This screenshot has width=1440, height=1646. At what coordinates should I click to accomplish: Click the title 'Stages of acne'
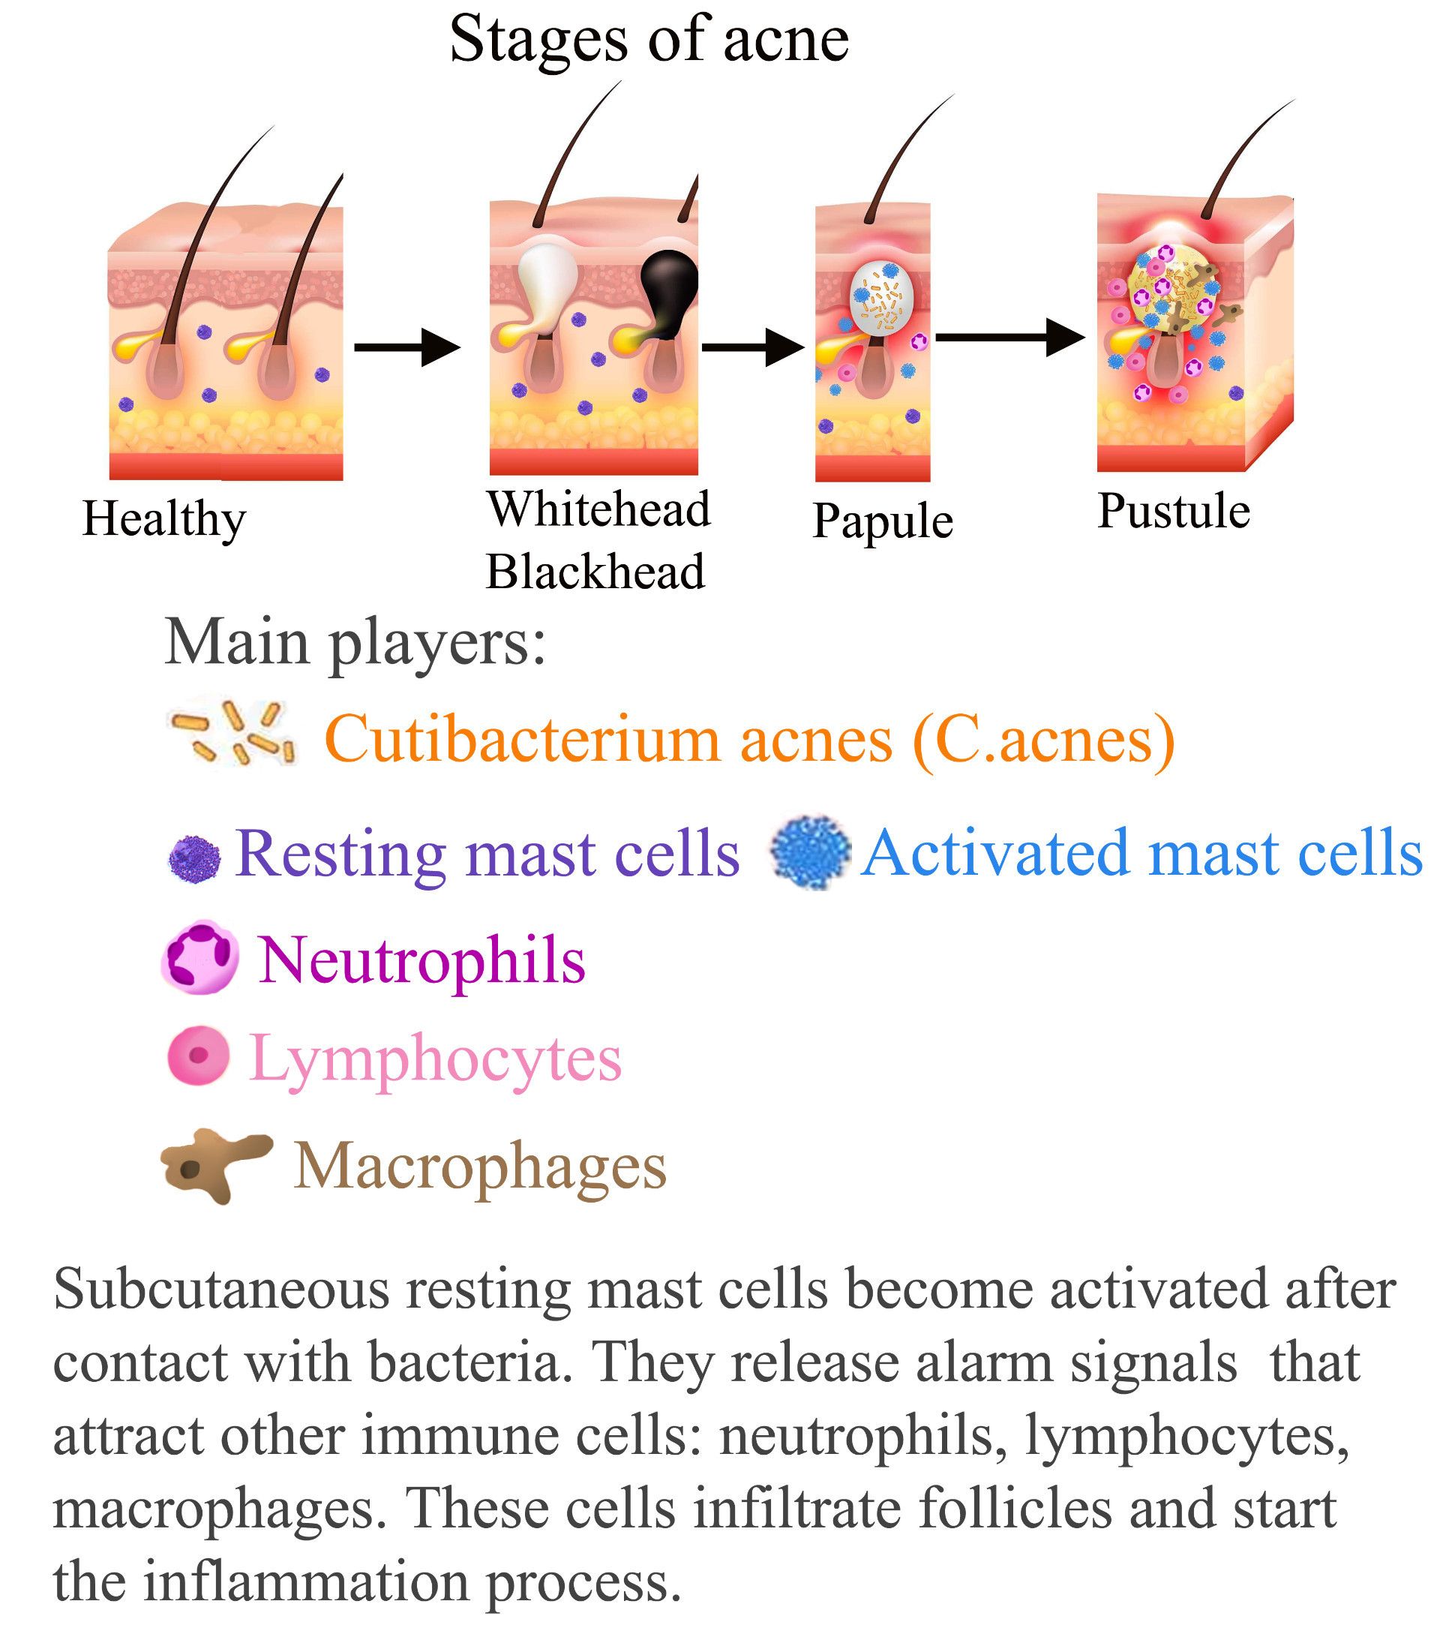pyautogui.click(x=649, y=41)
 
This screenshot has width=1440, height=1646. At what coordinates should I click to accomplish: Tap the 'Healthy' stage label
pyautogui.click(x=164, y=519)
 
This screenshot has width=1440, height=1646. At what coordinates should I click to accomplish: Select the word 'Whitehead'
pyautogui.click(x=598, y=509)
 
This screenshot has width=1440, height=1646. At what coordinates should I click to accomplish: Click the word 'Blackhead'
pyautogui.click(x=595, y=572)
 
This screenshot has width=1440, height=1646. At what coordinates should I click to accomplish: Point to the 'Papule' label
pyautogui.click(x=882, y=521)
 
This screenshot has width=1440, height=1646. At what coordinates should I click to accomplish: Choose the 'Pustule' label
pyautogui.click(x=1173, y=511)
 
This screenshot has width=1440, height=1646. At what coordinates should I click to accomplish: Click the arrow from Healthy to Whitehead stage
pyautogui.click(x=407, y=347)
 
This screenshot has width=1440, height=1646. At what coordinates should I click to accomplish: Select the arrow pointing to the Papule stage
pyautogui.click(x=753, y=347)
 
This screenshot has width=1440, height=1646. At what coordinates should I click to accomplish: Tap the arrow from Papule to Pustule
pyautogui.click(x=1010, y=338)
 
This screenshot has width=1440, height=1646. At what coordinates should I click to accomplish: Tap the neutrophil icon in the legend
pyautogui.click(x=200, y=957)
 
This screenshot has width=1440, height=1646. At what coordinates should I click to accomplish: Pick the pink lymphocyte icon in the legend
pyautogui.click(x=198, y=1056)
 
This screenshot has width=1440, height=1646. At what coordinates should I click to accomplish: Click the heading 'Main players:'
pyautogui.click(x=355, y=643)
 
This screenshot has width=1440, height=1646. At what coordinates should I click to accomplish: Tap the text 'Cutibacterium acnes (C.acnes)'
pyautogui.click(x=750, y=740)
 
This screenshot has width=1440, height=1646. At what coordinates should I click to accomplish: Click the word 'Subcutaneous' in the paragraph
pyautogui.click(x=221, y=1289)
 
